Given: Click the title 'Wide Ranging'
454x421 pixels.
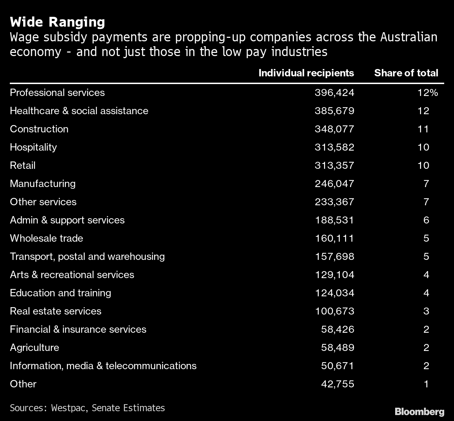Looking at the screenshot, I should click(57, 22).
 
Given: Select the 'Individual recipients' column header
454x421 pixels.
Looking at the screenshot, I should click(306, 73).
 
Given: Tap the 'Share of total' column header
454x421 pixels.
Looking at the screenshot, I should click(406, 73).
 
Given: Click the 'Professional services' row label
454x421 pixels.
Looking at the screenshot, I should click(57, 92).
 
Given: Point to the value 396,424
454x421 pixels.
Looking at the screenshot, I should click(334, 92).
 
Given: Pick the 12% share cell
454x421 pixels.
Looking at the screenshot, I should click(427, 92).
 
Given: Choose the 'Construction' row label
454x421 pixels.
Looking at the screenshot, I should click(39, 129).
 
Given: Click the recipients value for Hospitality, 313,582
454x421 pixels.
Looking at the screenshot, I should click(334, 147).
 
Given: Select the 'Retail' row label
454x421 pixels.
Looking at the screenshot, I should click(22, 165).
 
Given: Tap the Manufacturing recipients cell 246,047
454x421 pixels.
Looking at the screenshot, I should click(334, 184).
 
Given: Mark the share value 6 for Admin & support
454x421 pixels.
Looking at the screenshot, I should click(426, 220).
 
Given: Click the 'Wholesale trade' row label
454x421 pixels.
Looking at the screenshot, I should click(46, 238).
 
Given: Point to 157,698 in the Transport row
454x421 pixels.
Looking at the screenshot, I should click(334, 256).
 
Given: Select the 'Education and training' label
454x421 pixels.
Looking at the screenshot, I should click(60, 293).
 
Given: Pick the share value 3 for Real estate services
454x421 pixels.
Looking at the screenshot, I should click(426, 311).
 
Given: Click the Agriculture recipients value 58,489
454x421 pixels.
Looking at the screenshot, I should click(337, 347).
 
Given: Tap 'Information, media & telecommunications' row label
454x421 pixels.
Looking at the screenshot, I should click(103, 366).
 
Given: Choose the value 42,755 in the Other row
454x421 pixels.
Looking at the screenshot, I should click(337, 384).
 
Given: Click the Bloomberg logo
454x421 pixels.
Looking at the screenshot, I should click(419, 412).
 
